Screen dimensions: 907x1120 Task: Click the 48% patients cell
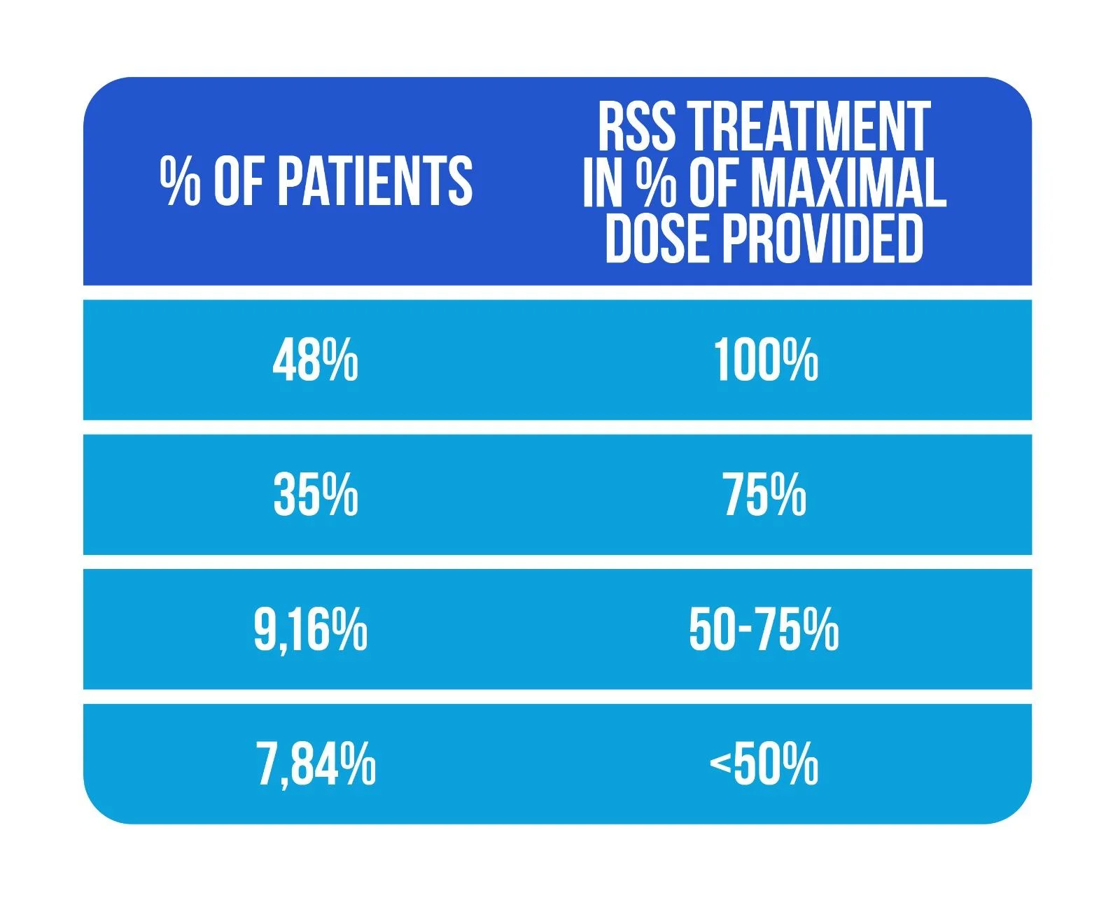[315, 361]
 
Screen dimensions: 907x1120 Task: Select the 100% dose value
[766, 361]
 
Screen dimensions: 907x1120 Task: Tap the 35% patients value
[316, 495]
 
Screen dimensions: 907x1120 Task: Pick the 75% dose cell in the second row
[764, 495]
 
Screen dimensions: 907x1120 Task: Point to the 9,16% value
[310, 630]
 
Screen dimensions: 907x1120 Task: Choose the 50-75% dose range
[764, 630]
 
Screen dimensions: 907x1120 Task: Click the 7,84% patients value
[316, 764]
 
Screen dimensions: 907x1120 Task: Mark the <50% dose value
[764, 764]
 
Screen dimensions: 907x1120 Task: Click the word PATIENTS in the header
[375, 181]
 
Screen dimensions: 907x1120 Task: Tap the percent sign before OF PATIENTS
[179, 181]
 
